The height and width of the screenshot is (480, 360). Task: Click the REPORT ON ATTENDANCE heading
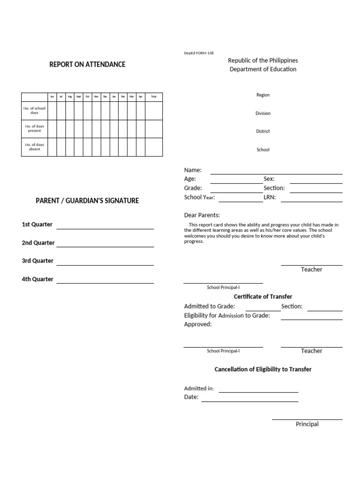click(87, 64)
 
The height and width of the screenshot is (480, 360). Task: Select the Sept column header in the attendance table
click(79, 97)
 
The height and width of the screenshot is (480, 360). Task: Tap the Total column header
click(154, 97)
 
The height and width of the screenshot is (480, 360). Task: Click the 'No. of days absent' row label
click(34, 147)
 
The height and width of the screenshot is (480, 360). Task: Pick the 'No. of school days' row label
click(34, 111)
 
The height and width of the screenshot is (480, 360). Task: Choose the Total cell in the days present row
click(154, 128)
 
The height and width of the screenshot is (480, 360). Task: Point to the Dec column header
click(105, 97)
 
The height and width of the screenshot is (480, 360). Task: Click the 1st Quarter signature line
click(105, 228)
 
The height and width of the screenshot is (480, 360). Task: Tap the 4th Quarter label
click(37, 279)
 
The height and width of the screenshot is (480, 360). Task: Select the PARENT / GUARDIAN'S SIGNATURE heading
click(87, 201)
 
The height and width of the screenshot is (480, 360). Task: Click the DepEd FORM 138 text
click(199, 53)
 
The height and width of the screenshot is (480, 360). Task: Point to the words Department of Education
click(262, 69)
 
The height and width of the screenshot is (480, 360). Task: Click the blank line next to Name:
click(276, 173)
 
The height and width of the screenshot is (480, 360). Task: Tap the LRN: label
click(270, 197)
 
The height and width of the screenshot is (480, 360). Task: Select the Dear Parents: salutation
click(202, 215)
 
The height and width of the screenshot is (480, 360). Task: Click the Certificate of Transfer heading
click(262, 297)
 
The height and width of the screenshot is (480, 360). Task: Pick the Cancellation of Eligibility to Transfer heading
click(262, 369)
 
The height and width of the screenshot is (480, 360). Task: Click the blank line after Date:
click(249, 400)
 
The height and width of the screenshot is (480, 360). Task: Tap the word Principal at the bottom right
click(307, 424)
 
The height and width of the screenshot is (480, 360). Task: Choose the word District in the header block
click(262, 131)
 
